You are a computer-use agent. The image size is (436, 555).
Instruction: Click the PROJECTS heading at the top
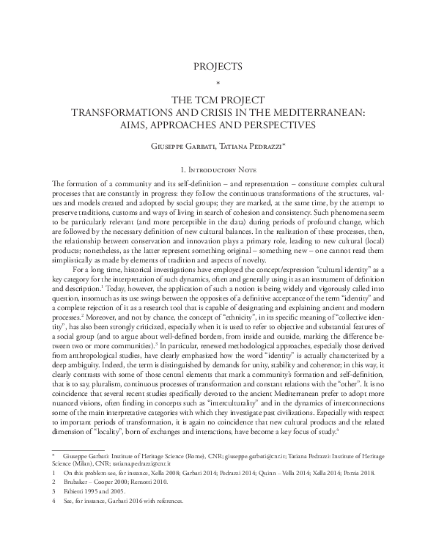coord(218,66)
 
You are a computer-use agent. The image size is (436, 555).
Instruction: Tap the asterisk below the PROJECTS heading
coord(218,81)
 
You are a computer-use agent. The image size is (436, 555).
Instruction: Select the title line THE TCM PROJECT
coord(218,100)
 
